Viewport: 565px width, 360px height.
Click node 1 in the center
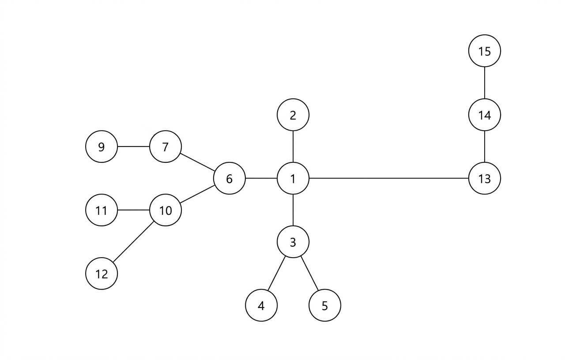(293, 179)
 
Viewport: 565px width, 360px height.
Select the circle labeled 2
(293, 115)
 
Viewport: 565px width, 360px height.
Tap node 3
(293, 242)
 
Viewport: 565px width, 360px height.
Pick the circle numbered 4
(261, 305)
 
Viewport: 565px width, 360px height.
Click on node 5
(325, 305)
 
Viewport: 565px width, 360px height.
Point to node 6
(229, 179)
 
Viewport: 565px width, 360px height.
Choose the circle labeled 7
(166, 147)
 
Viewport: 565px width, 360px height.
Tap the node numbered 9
(102, 147)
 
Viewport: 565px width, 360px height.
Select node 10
(166, 210)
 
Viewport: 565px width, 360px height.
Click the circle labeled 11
(102, 210)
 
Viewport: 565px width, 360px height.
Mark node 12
(102, 274)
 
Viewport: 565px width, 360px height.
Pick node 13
(485, 179)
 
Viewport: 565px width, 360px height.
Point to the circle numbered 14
(485, 115)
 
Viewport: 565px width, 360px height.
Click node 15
(485, 51)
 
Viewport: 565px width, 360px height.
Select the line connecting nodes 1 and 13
(388, 179)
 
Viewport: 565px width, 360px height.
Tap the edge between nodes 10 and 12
(133, 242)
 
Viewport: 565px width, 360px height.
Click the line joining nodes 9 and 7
(133, 147)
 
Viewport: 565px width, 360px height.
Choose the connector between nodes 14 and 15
(485, 83)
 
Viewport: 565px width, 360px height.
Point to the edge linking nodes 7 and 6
(197, 163)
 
